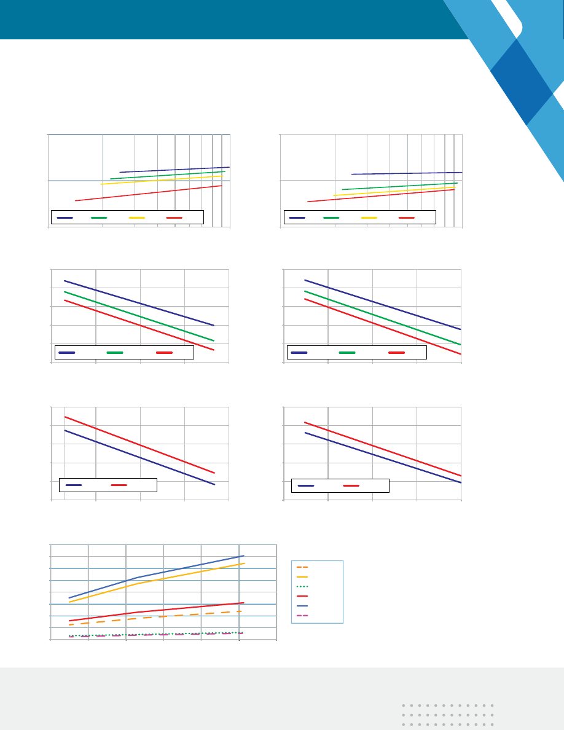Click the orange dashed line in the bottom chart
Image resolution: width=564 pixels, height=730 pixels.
coord(184,615)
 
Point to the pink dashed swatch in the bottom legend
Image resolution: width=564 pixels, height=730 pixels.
coord(302,615)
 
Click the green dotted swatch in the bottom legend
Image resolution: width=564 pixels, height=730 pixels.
coord(302,586)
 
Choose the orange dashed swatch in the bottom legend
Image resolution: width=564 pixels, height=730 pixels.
coord(302,567)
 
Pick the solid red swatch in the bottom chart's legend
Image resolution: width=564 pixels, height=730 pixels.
coord(302,596)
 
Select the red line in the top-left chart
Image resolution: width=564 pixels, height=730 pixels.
coord(147,193)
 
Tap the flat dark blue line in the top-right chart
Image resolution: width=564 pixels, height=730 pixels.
coord(405,173)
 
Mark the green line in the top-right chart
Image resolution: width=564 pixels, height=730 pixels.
coord(399,186)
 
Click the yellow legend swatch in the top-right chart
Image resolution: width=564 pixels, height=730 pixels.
coord(369,218)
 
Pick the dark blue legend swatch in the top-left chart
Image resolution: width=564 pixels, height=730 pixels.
coord(65,218)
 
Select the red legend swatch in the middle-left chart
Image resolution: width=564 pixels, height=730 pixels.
coord(164,353)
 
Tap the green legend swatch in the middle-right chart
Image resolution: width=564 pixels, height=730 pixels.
coord(347,353)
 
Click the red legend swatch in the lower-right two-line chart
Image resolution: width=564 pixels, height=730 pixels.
coord(351,485)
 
